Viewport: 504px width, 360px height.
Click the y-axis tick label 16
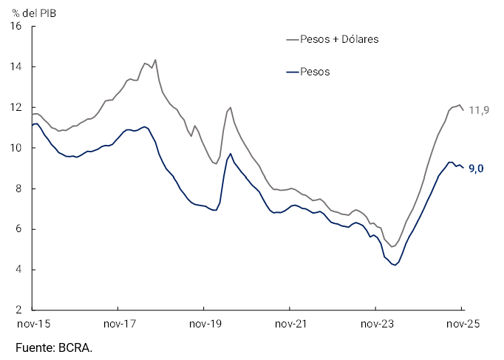(x=17, y=27)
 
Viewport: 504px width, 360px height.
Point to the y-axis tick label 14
(x=17, y=67)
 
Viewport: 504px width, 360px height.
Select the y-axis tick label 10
(x=17, y=148)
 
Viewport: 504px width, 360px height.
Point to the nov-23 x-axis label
(x=375, y=324)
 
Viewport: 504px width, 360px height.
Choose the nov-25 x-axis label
(x=462, y=324)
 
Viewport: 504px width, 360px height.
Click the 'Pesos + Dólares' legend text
(x=339, y=39)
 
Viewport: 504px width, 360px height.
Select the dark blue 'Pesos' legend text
(x=315, y=72)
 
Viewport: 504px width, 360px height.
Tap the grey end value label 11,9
(x=480, y=111)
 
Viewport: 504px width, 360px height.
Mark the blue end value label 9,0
(x=477, y=169)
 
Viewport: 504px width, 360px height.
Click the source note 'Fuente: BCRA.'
(x=54, y=347)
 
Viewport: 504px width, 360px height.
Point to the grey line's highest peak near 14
(x=154, y=60)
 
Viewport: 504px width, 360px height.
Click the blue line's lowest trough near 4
(x=395, y=265)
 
